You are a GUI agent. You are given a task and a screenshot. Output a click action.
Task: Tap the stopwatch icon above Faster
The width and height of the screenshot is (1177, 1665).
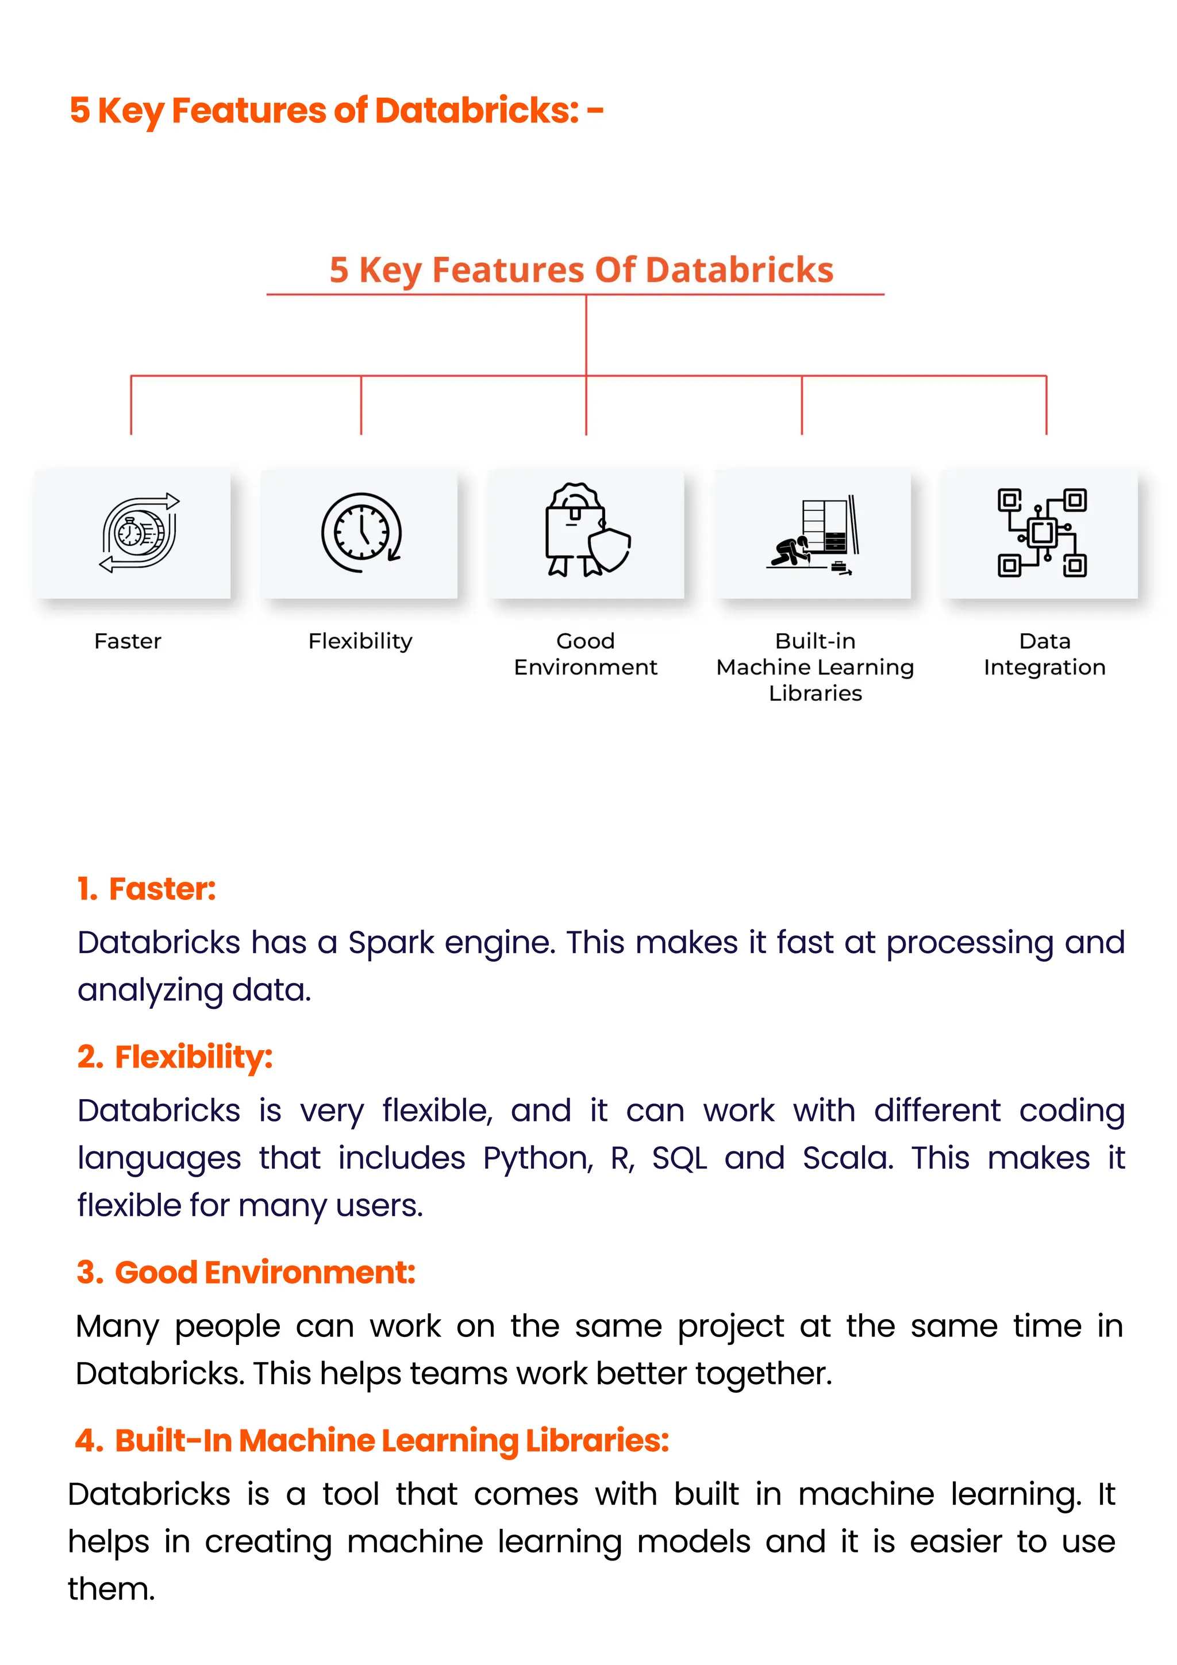click(138, 533)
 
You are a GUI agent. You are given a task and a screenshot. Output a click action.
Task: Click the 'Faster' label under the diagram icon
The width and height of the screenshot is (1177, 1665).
click(128, 641)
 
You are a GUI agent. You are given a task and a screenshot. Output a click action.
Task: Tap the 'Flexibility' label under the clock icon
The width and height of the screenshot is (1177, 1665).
click(360, 641)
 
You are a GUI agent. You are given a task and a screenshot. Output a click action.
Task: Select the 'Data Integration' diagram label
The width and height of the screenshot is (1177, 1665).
click(1044, 654)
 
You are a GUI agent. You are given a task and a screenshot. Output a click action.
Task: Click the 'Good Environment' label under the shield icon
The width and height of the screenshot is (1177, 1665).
click(585, 654)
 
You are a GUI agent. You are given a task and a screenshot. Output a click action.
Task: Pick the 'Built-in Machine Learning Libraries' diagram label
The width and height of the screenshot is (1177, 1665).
click(815, 667)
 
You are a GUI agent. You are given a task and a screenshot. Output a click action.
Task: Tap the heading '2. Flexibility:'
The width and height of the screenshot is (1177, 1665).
click(175, 1057)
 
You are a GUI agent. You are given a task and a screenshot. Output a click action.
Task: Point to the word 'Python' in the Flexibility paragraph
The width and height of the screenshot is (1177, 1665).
click(537, 1158)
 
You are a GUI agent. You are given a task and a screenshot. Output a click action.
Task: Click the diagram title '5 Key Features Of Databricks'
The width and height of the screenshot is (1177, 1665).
click(581, 270)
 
